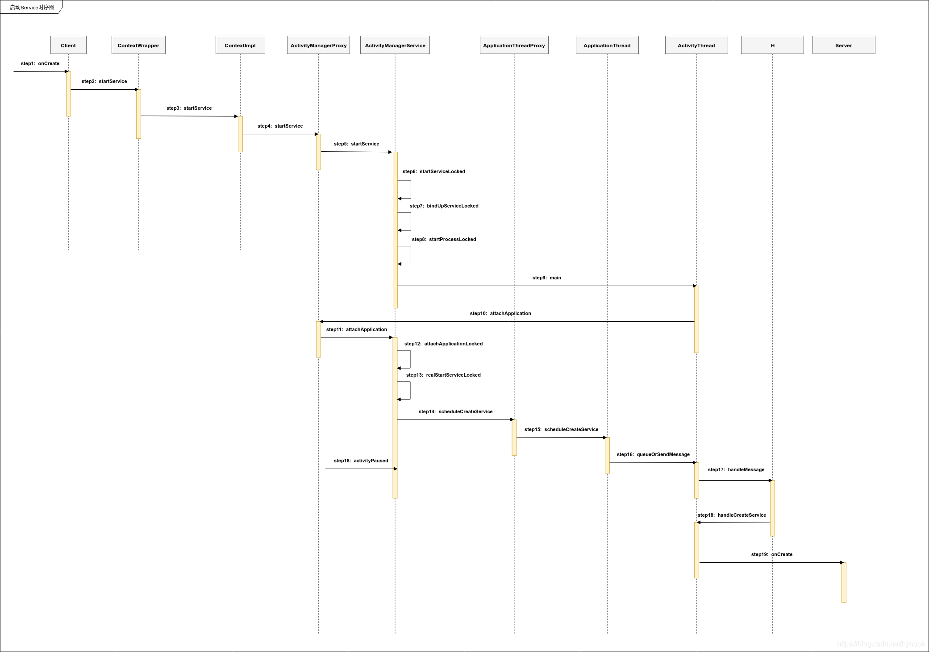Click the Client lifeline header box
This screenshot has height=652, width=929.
(x=68, y=45)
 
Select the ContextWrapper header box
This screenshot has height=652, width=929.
(x=138, y=45)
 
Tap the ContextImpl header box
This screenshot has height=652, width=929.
(x=240, y=45)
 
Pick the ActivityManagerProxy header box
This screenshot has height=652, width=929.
(x=318, y=45)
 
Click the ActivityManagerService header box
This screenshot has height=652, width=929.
(x=395, y=45)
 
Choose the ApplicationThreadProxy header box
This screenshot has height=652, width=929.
(x=514, y=45)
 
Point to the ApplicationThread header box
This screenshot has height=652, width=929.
(x=607, y=45)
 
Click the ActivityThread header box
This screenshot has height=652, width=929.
(x=696, y=45)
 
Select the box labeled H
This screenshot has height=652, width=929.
(x=772, y=45)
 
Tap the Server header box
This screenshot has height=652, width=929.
(x=844, y=45)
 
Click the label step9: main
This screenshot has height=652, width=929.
(x=547, y=278)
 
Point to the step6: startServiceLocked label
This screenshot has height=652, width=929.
(x=434, y=171)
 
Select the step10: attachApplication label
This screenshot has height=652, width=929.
(x=500, y=313)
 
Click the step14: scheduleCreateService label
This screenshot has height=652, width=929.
(x=455, y=411)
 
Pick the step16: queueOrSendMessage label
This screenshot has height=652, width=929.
(x=653, y=454)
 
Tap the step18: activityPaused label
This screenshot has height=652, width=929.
(x=361, y=461)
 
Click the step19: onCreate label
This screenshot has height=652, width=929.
(x=772, y=554)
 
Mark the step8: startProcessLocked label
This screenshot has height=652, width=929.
(x=444, y=239)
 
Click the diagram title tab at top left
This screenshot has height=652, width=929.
(x=32, y=7)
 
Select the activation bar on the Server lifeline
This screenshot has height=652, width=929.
(x=844, y=582)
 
